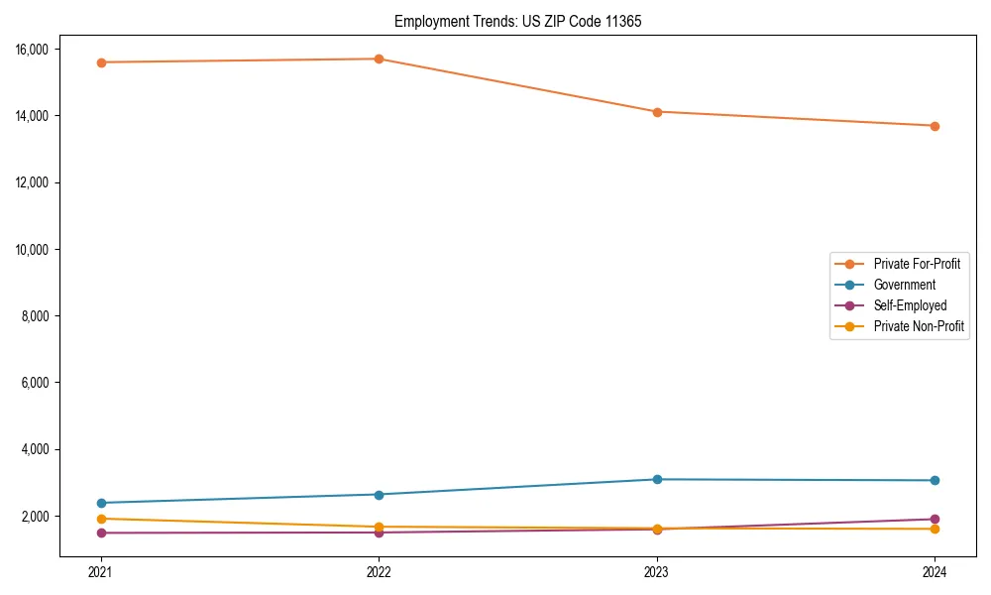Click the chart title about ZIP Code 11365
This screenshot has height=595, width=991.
click(x=517, y=21)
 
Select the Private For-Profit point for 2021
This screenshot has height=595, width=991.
click(x=101, y=62)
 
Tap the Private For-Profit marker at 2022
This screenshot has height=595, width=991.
click(x=379, y=59)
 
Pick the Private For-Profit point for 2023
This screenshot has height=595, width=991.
click(x=657, y=112)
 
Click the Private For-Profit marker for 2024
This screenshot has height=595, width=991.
click(x=935, y=126)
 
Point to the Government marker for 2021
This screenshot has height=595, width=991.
click(x=101, y=503)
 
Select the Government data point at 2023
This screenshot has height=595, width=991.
click(x=657, y=480)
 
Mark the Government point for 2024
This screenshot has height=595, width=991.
click(x=935, y=481)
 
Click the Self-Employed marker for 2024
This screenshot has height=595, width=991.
click(x=935, y=520)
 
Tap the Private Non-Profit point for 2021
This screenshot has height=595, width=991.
click(x=101, y=519)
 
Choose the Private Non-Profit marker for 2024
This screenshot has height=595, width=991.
click(x=935, y=529)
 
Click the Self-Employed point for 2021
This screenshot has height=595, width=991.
click(x=101, y=534)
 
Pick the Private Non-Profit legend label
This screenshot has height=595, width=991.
click(x=919, y=326)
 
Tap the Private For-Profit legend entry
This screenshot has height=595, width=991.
click(x=917, y=264)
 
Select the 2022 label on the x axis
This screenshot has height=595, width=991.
click(x=379, y=572)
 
